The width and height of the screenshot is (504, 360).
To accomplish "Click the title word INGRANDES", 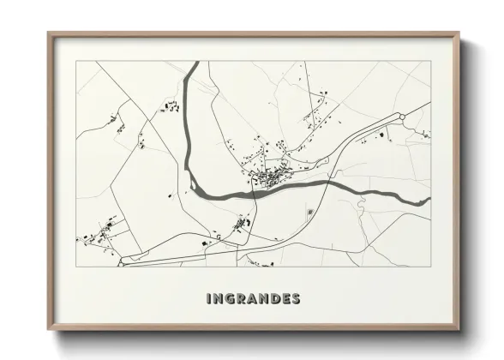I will (253, 299).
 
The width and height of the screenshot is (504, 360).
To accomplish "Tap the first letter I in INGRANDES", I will (208, 299).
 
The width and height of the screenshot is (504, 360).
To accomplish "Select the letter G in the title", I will (230, 299).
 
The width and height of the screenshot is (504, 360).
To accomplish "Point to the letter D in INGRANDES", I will (273, 299).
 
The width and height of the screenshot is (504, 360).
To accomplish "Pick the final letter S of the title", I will (296, 299).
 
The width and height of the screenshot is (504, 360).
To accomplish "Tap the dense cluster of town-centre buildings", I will (272, 178).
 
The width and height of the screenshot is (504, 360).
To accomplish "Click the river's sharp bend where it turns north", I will (195, 182).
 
